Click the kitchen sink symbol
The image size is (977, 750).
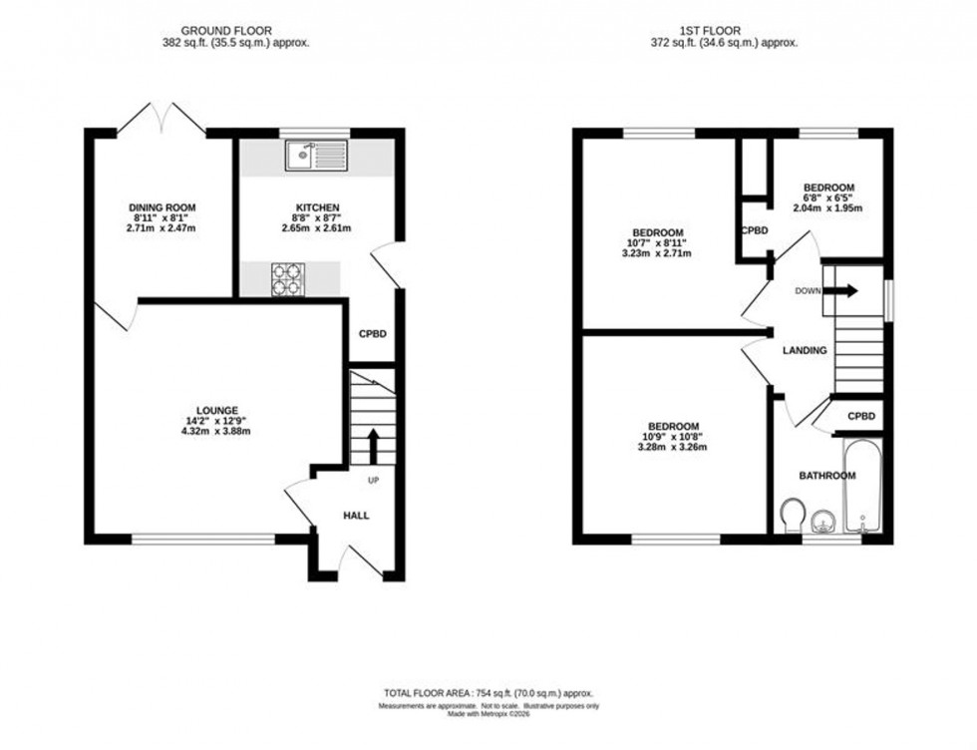pyautogui.click(x=315, y=154)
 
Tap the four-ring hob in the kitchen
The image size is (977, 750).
pyautogui.click(x=287, y=279)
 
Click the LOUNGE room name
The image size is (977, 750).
pyautogui.click(x=216, y=410)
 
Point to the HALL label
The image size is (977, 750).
pyautogui.click(x=356, y=516)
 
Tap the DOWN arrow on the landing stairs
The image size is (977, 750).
pyautogui.click(x=843, y=291)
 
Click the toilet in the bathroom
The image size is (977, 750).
pyautogui.click(x=794, y=518)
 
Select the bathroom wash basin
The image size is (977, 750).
pyautogui.click(x=823, y=520)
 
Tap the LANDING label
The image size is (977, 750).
pyautogui.click(x=804, y=351)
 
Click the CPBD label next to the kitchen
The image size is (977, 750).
pyautogui.click(x=372, y=334)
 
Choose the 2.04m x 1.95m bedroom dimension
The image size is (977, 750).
pyautogui.click(x=826, y=208)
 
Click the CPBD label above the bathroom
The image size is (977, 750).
pyautogui.click(x=861, y=416)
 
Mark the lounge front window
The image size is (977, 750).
pyautogui.click(x=203, y=539)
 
